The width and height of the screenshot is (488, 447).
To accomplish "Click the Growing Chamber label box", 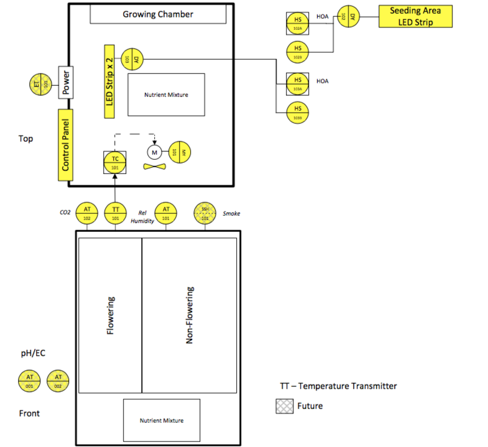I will pos(157,14).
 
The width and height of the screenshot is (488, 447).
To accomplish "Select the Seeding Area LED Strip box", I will pos(416,17).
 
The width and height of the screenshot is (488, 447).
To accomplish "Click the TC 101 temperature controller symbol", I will pos(115,163).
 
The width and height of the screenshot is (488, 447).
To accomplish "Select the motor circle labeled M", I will pos(154,152).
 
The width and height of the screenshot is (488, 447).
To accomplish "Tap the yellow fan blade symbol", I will pos(155,167).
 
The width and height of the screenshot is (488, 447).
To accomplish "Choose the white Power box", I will pos(67,81).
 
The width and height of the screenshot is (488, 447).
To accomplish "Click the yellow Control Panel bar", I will pos(65,144).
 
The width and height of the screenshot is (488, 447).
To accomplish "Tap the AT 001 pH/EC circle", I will pos(29,380).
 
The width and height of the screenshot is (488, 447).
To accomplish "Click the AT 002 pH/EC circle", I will pos(58,380).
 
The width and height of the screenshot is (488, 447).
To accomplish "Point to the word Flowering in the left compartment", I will pos(111,316).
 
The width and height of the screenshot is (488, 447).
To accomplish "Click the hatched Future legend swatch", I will pos(285,406).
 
